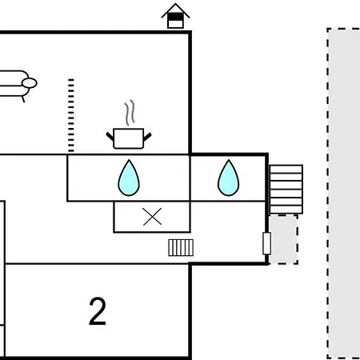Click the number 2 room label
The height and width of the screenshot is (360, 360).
click(x=98, y=311)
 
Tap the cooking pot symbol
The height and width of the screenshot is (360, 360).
click(x=129, y=138)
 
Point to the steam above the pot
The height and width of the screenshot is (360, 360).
click(x=130, y=113)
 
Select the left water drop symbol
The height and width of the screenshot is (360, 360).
click(x=129, y=178)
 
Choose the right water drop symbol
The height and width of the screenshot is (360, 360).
click(x=229, y=178)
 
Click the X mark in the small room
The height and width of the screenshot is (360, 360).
click(x=152, y=217)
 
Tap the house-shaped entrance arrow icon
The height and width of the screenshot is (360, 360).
click(x=175, y=16)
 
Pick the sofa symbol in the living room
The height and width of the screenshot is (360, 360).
click(x=16, y=85)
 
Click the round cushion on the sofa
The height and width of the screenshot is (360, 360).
click(x=30, y=83)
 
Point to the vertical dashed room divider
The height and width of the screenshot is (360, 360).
click(x=71, y=115)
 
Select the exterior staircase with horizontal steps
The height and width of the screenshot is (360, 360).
click(x=286, y=190)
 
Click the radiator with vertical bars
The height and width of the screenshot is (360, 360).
click(x=181, y=247)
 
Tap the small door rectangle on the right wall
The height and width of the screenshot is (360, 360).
click(x=267, y=243)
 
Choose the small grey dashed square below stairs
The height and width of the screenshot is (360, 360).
click(x=283, y=239)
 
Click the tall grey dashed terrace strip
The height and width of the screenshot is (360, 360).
click(x=343, y=194)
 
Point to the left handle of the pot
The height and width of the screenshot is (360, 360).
click(x=110, y=136)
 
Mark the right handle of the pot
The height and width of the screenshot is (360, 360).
click(x=147, y=137)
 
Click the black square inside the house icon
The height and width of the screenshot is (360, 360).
click(x=175, y=17)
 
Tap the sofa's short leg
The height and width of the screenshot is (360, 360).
click(x=23, y=99)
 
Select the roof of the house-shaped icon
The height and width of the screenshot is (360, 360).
click(x=175, y=10)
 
